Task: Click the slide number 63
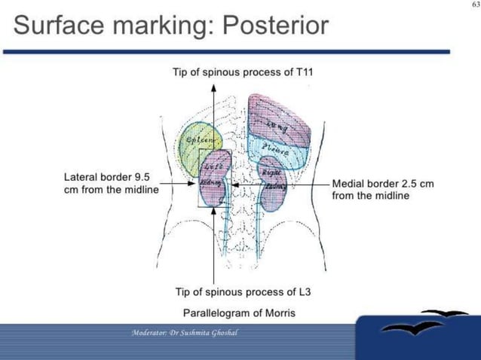point(473,5)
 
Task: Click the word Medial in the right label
point(348,183)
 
